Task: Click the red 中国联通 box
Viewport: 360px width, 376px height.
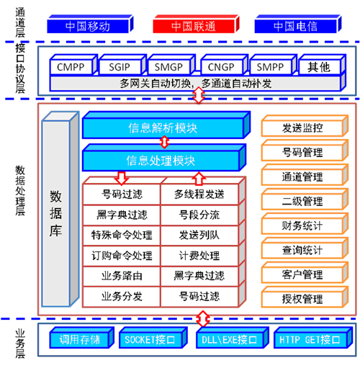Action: click(x=196, y=24)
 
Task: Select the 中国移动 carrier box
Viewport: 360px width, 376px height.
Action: click(x=90, y=24)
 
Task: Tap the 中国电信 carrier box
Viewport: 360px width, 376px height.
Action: click(x=298, y=24)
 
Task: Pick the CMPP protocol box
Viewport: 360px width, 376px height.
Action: click(x=73, y=65)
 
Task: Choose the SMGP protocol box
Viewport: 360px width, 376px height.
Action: click(x=171, y=65)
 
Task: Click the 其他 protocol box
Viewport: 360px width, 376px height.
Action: click(x=322, y=65)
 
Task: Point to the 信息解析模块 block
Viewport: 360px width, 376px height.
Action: click(x=166, y=125)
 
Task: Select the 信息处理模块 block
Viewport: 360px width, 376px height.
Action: click(x=164, y=158)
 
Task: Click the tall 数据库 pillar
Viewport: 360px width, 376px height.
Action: click(x=60, y=209)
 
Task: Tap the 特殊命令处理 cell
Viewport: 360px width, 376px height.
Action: click(x=122, y=236)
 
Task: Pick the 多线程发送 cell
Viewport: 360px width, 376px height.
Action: click(x=199, y=194)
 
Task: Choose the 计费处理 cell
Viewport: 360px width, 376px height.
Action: click(x=199, y=256)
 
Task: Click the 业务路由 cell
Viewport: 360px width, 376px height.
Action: click(x=122, y=276)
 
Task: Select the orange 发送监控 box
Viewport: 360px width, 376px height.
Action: click(x=305, y=126)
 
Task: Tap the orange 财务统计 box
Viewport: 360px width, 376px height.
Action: click(x=305, y=223)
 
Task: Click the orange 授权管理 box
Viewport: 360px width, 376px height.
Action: click(x=305, y=297)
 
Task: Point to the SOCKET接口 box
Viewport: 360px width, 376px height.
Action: click(x=153, y=337)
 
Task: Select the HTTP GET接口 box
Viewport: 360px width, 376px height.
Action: click(x=313, y=337)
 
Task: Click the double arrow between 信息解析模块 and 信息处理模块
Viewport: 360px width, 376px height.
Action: click(x=164, y=142)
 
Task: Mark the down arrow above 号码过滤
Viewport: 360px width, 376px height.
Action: click(x=122, y=178)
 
